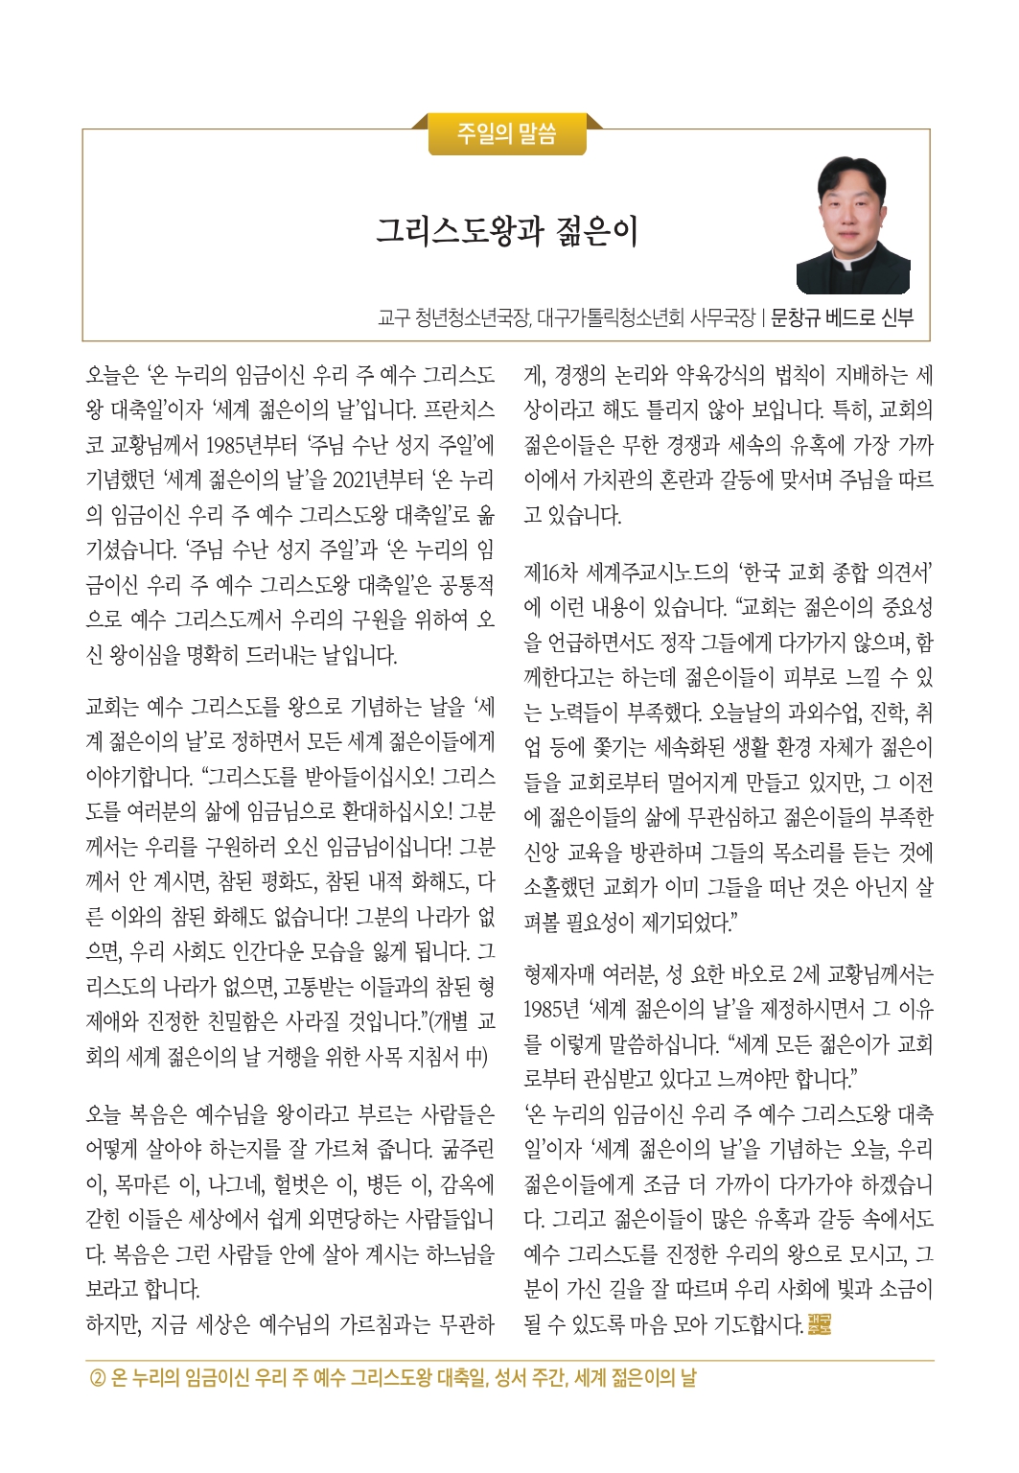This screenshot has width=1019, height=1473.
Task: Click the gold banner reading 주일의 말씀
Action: (507, 133)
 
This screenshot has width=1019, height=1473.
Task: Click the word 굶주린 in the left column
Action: (469, 1149)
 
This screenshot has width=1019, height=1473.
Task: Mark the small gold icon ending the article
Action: (819, 1325)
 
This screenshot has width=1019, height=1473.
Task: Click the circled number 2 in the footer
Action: (97, 1379)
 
